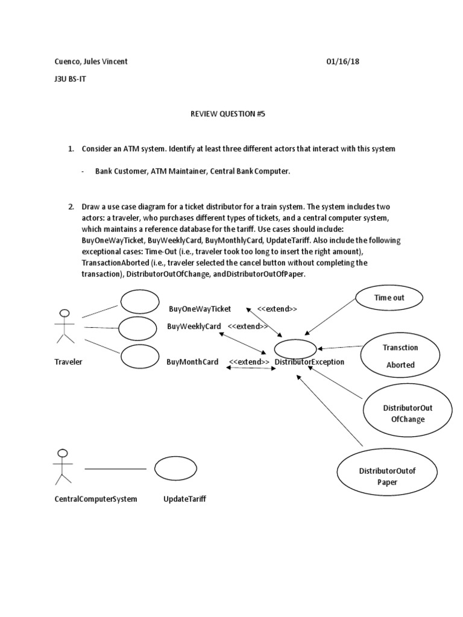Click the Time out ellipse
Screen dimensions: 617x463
(x=389, y=298)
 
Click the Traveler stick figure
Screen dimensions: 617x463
(x=64, y=327)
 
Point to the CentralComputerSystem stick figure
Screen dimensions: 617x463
(x=61, y=466)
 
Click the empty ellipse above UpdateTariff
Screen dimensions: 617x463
(x=174, y=468)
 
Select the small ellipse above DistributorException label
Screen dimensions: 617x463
(x=295, y=348)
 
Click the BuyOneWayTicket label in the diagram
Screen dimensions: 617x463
(x=200, y=309)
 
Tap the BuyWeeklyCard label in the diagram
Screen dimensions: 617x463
(x=194, y=326)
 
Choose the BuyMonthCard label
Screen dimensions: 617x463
(x=192, y=362)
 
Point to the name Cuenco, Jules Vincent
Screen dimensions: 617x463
(x=91, y=62)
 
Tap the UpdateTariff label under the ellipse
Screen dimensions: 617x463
(x=184, y=499)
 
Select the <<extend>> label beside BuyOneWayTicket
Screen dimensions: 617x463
(x=277, y=309)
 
